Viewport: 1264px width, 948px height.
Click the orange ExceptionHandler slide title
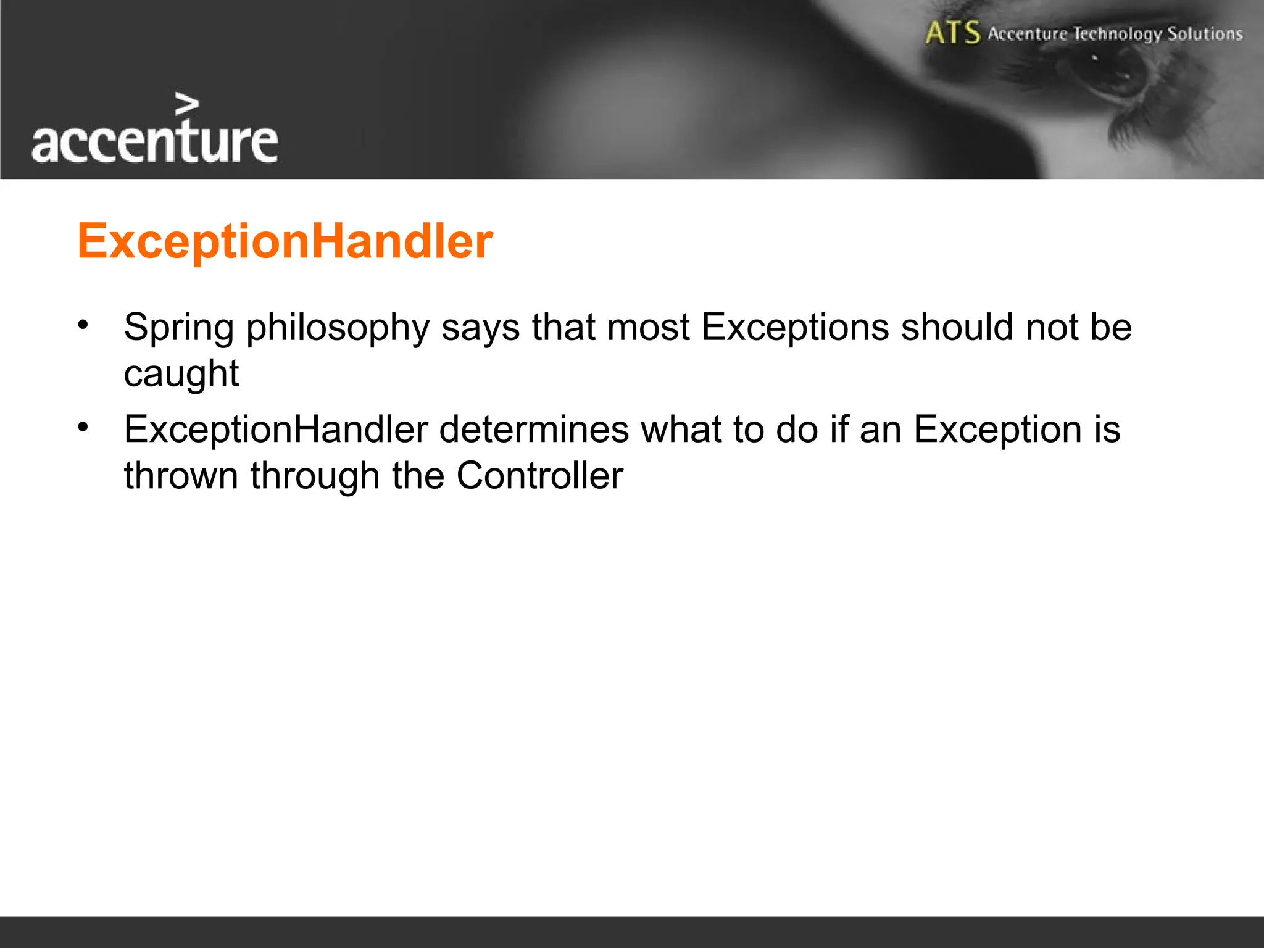[x=285, y=241]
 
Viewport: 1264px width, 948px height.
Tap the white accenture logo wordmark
[x=154, y=141]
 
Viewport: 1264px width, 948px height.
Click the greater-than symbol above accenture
[x=186, y=104]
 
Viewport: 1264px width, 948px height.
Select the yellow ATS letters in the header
[x=952, y=33]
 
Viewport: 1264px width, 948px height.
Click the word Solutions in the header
[x=1205, y=33]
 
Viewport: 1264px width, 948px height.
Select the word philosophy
[x=338, y=328]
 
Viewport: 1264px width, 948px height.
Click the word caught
[x=181, y=374]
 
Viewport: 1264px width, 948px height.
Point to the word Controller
[x=539, y=476]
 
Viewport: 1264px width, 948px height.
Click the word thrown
[x=181, y=476]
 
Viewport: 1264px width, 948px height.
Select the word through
[x=315, y=476]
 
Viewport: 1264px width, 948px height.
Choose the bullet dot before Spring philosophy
[x=83, y=324]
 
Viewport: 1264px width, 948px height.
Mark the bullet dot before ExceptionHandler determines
[x=83, y=426]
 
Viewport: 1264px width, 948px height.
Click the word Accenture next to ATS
[x=1027, y=33]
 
